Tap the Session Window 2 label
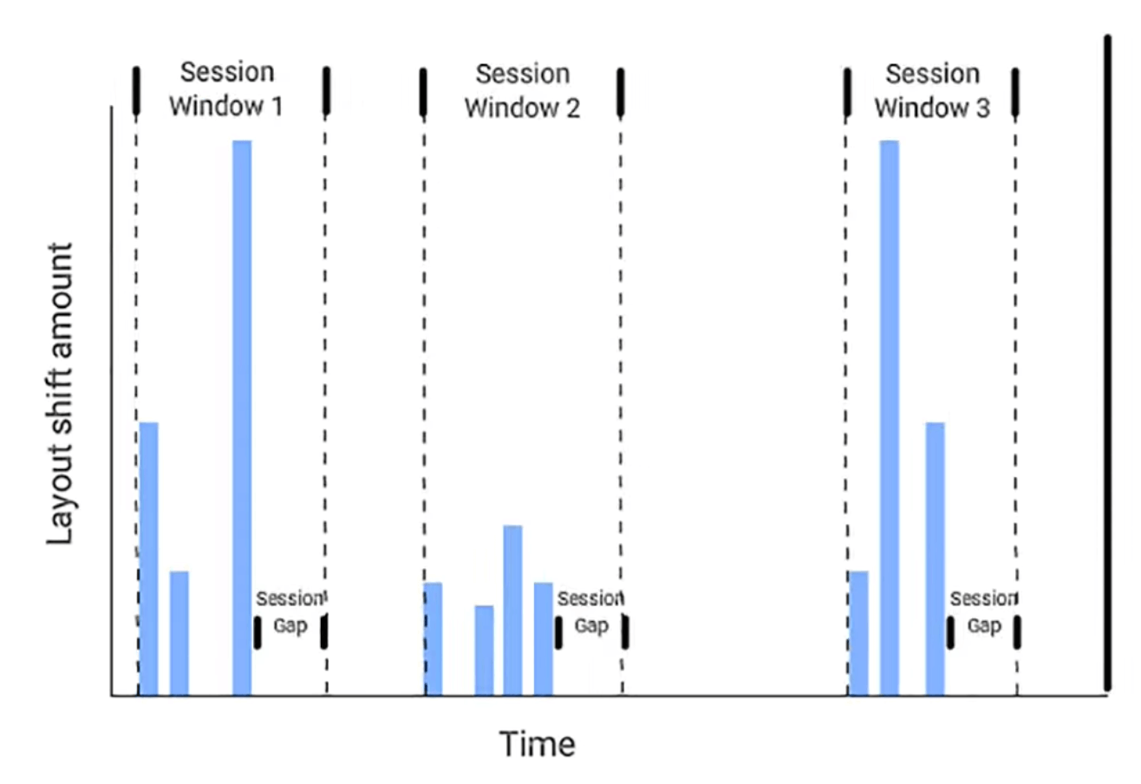(x=522, y=90)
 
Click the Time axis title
(x=537, y=743)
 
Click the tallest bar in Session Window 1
(x=242, y=416)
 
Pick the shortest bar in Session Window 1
(x=179, y=632)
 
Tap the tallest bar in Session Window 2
(x=512, y=609)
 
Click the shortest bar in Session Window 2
(x=484, y=650)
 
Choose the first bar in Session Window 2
(x=433, y=638)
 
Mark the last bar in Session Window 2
(x=544, y=638)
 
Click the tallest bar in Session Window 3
(x=890, y=416)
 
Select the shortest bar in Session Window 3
(x=858, y=632)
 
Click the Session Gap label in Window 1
(x=290, y=612)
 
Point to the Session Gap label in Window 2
(x=590, y=612)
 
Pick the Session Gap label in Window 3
(x=983, y=612)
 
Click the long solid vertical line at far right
(x=1108, y=364)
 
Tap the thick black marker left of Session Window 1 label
(x=136, y=90)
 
